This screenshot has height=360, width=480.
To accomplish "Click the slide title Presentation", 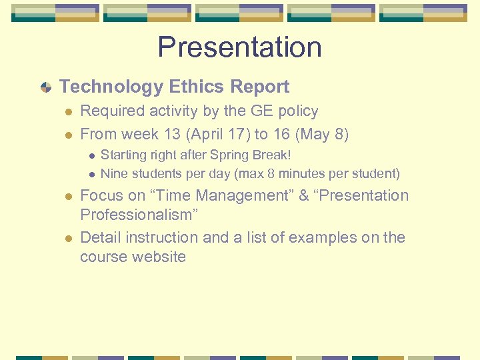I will click(239, 47).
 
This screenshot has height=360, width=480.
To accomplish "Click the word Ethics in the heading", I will click(197, 87).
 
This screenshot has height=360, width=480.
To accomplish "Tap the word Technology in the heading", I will click(111, 87).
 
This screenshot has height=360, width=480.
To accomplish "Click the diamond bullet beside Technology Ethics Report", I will click(45, 87).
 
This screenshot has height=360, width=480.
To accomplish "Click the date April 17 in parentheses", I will click(217, 134).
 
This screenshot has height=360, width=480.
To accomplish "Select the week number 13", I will click(171, 134).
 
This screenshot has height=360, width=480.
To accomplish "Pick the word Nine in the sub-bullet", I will click(113, 174).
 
